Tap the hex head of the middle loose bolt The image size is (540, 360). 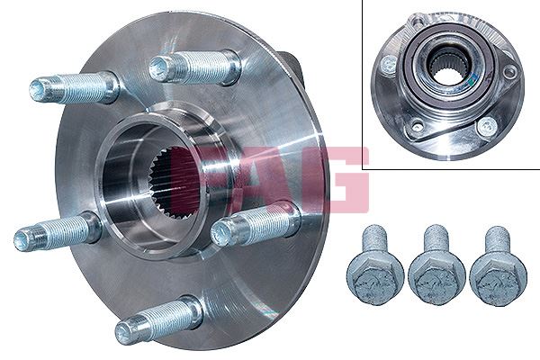pos(436,279)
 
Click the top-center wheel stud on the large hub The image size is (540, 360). pos(193,67)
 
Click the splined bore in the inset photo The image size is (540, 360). pos(448,67)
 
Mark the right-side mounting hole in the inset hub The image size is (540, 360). pos(509,71)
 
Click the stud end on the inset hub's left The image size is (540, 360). pos(387,64)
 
